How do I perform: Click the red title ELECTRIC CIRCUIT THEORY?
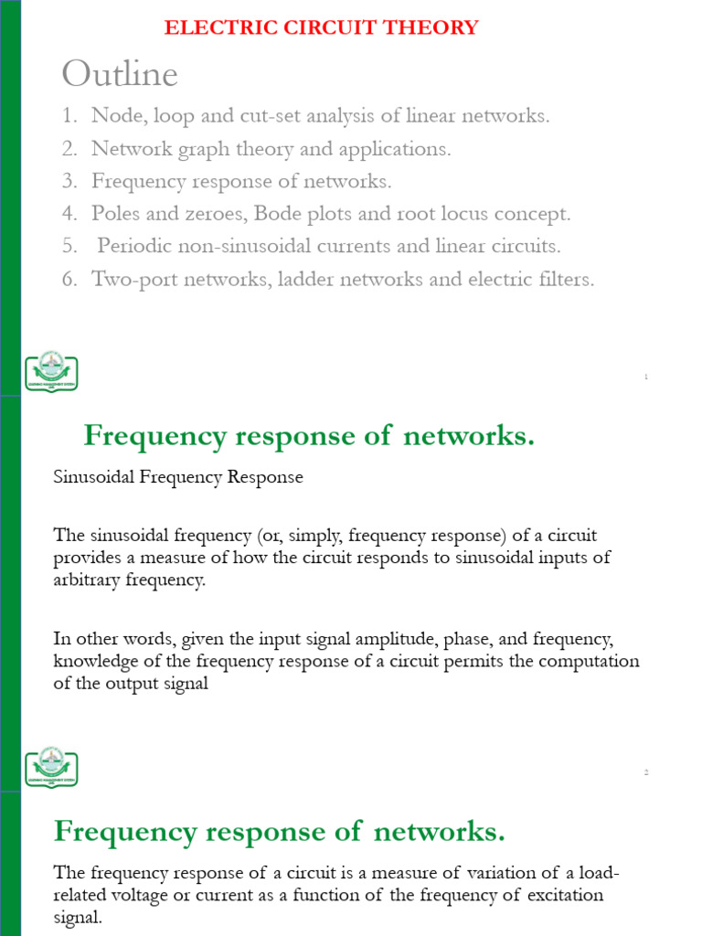[x=321, y=27]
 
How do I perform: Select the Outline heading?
[x=119, y=73]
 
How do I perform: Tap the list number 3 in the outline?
[x=69, y=181]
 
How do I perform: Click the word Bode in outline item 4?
[x=280, y=214]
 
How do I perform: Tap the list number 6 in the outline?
[x=69, y=280]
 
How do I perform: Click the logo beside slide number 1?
[x=50, y=371]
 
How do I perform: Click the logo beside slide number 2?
[x=50, y=767]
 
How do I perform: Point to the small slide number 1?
[x=646, y=377]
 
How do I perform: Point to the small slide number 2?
[x=646, y=772]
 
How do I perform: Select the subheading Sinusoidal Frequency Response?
[x=178, y=478]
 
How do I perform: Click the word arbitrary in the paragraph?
[x=90, y=580]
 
